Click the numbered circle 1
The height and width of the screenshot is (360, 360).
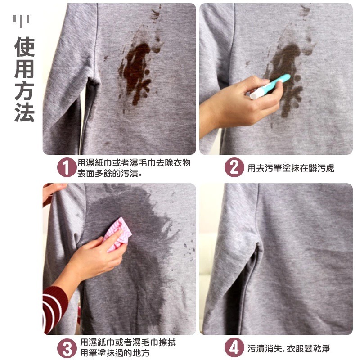pyautogui.click(x=67, y=167)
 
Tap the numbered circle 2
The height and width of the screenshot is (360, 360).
pyautogui.click(x=234, y=167)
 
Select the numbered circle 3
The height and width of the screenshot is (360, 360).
pyautogui.click(x=67, y=347)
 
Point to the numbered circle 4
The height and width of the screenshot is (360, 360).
pyautogui.click(x=234, y=347)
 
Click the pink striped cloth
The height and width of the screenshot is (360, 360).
pyautogui.click(x=117, y=234)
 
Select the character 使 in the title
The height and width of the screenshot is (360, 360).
pyautogui.click(x=25, y=47)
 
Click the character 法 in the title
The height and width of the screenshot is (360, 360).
pyautogui.click(x=25, y=112)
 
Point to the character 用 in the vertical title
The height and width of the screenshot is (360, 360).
pyautogui.click(x=25, y=69)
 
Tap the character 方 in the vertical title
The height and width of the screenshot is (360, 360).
pyautogui.click(x=25, y=91)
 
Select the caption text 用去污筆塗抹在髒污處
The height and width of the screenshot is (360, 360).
pyautogui.click(x=291, y=168)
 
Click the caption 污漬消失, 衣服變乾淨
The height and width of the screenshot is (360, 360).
pyautogui.click(x=289, y=348)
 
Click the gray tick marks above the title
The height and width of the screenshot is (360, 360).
pyautogui.click(x=21, y=21)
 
